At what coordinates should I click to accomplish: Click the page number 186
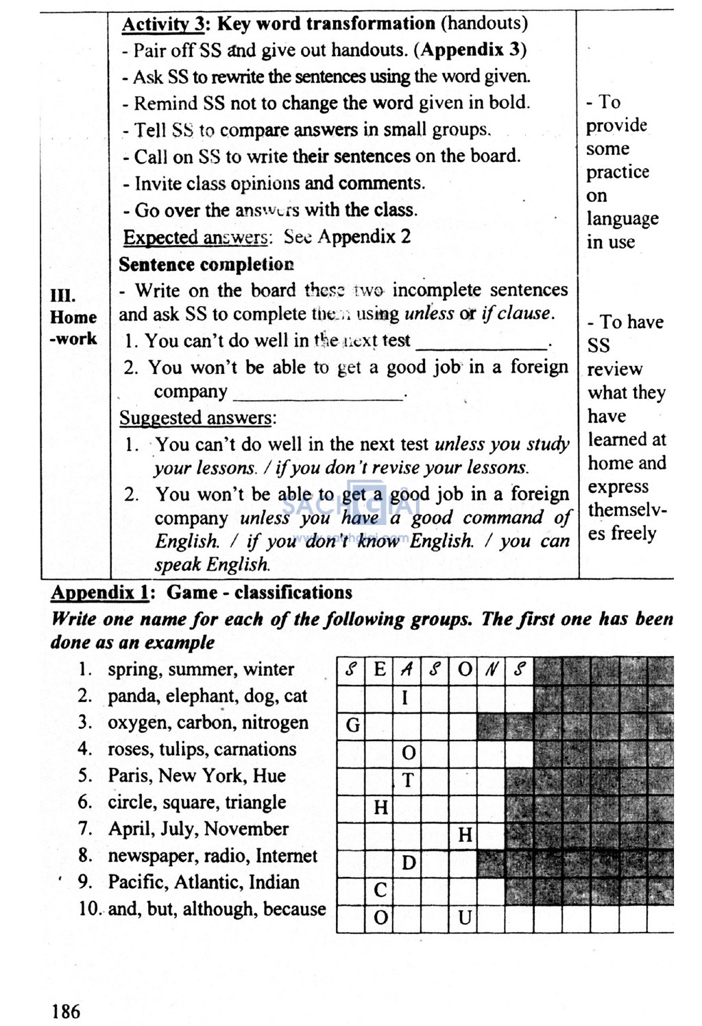click(65, 1011)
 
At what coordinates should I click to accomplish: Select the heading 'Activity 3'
click(163, 24)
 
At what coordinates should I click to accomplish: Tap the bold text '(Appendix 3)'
click(474, 50)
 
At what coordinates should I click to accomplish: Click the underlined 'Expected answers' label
click(195, 237)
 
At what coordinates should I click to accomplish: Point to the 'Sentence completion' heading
click(206, 264)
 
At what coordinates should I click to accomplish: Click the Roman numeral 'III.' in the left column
click(63, 295)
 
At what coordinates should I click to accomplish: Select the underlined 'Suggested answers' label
click(196, 418)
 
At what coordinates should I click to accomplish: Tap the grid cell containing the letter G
click(352, 725)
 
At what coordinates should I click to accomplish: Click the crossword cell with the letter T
click(408, 780)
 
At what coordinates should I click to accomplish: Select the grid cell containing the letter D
click(408, 863)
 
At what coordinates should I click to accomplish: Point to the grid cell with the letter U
click(465, 918)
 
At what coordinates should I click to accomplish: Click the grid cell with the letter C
click(380, 890)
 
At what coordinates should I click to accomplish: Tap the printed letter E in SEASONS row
click(380, 670)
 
